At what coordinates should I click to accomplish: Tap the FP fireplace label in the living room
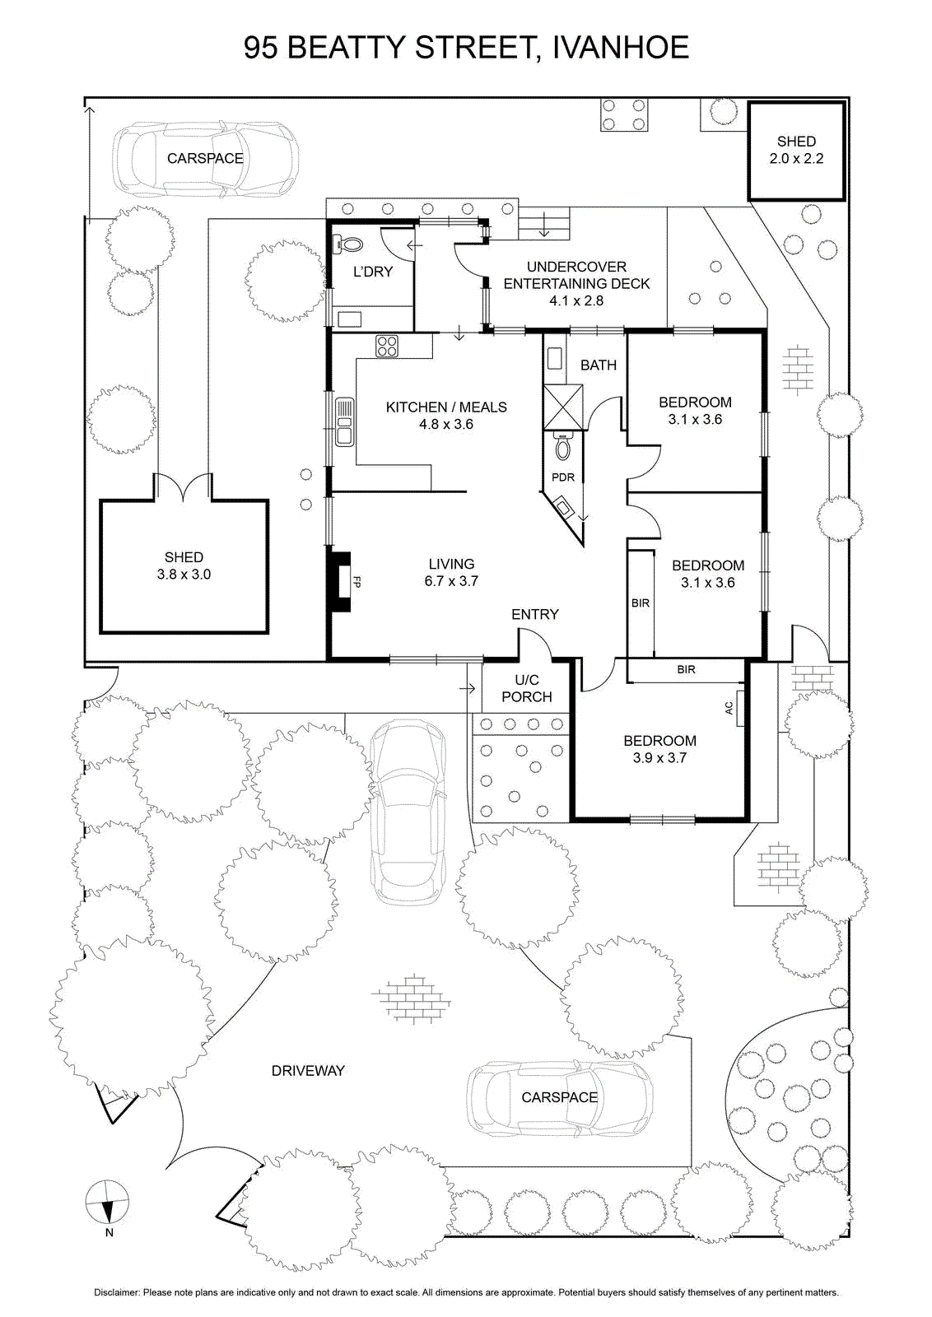click(x=356, y=582)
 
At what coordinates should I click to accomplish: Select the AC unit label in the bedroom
click(x=729, y=708)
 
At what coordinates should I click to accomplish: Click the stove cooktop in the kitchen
click(x=387, y=346)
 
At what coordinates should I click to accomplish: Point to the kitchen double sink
click(x=345, y=421)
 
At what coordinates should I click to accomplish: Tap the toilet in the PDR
click(x=562, y=448)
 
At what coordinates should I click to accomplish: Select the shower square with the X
click(x=563, y=407)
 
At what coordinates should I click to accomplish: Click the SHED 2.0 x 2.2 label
click(x=796, y=150)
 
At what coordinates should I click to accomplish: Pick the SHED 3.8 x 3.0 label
click(x=184, y=565)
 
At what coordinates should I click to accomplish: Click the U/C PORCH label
click(x=526, y=688)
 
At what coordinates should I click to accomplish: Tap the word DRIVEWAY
click(x=308, y=1071)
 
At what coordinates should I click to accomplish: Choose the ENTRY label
click(x=534, y=614)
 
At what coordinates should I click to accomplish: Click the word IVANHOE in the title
click(x=621, y=48)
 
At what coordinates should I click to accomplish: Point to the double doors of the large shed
click(x=183, y=486)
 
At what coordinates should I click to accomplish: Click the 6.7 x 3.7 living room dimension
click(x=451, y=581)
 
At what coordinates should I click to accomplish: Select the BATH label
click(x=599, y=365)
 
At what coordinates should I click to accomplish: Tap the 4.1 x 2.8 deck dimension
click(x=576, y=300)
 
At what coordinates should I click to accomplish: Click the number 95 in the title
click(x=261, y=48)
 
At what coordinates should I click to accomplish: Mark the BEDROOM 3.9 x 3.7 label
click(x=659, y=749)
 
